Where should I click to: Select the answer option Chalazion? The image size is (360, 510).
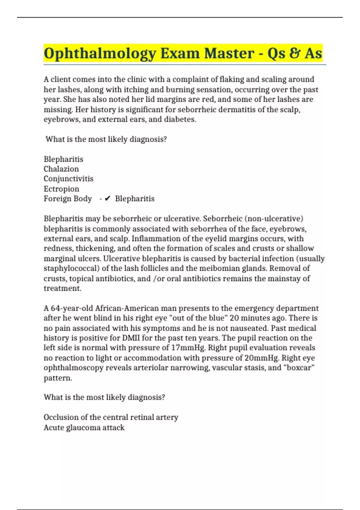pos(61,169)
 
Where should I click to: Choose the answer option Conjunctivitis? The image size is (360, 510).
pos(68,179)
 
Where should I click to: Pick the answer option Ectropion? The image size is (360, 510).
pos(61,189)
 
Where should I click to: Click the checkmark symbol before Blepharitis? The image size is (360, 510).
pos(108,199)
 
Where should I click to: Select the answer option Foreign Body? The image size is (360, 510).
pos(68,199)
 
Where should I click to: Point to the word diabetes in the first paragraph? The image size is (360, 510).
pos(179,119)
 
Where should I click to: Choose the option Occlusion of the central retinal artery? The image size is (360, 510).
pos(111,417)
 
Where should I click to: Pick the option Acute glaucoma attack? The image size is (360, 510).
pos(84,427)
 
